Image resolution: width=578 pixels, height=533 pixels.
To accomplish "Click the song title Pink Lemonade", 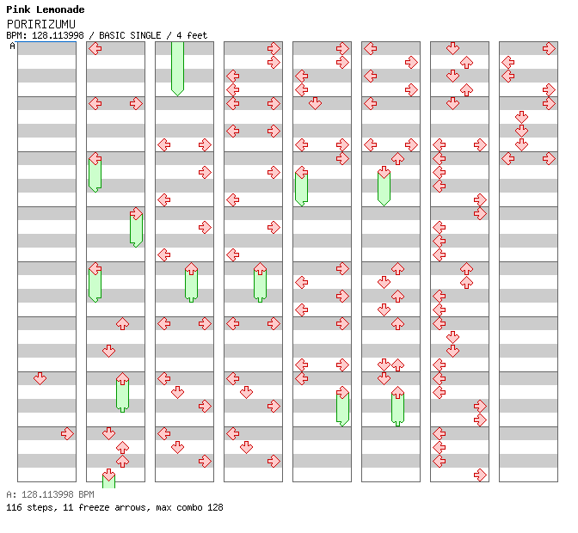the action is [x=46, y=9].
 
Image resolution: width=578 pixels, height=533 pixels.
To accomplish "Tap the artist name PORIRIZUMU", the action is [x=41, y=24].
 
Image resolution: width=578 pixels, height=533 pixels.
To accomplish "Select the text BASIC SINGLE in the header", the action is [x=130, y=35].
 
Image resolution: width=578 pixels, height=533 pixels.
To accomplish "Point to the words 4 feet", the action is [x=192, y=35].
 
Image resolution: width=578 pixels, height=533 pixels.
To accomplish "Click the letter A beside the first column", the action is [x=13, y=46].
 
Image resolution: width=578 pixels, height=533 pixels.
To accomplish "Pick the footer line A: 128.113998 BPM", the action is [x=50, y=494].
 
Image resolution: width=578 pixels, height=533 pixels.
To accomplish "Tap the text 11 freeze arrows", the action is [x=107, y=507].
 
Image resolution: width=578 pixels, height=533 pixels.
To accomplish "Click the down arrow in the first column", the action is [x=40, y=378].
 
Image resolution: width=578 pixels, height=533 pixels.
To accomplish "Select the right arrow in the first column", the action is [x=67, y=433].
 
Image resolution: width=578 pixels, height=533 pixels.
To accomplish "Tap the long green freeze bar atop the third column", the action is [x=178, y=69].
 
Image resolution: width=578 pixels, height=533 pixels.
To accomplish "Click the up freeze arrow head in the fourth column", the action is [x=261, y=268].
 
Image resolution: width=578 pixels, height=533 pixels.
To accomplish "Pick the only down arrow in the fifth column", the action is [x=315, y=103].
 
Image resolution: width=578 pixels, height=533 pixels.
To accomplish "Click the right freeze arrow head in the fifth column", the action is [x=343, y=392].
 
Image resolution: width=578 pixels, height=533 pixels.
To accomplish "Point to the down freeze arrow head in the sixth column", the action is [x=384, y=172].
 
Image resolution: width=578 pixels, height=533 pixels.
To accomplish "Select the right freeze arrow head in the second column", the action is [x=137, y=214].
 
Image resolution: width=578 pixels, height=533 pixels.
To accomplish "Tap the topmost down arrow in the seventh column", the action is [x=452, y=48].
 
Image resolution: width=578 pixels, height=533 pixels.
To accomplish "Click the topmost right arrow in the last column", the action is [x=550, y=48].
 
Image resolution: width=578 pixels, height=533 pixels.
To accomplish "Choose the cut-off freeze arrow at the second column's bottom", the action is [x=108, y=478].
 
